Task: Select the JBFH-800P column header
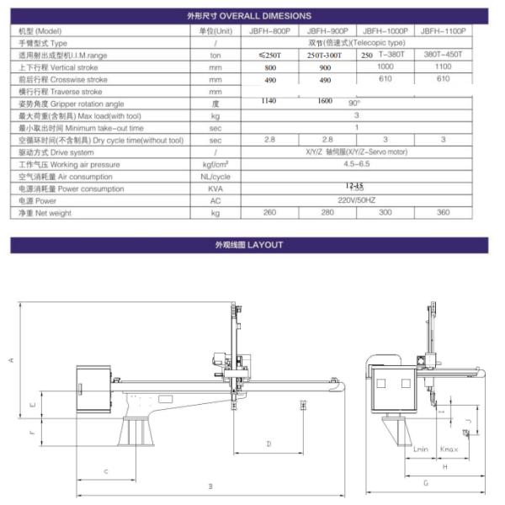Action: [x=269, y=29]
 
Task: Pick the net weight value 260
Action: [x=269, y=213]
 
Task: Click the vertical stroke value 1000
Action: [x=385, y=66]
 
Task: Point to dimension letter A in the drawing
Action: [x=11, y=359]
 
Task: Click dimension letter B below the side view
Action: [x=210, y=486]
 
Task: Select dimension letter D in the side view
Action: [x=268, y=442]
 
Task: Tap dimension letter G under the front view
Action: [x=426, y=483]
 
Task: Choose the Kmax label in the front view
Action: [x=449, y=450]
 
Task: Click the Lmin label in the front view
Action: [x=422, y=450]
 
